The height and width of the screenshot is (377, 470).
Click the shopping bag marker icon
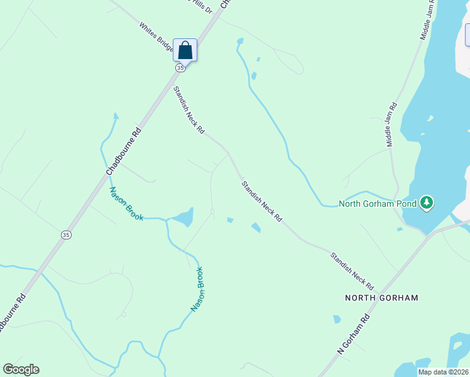(x=185, y=50)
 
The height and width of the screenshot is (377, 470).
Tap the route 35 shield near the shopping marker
(x=180, y=67)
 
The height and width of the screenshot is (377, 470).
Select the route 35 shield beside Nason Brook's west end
(x=66, y=234)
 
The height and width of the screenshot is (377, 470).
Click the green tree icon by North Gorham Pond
(x=427, y=202)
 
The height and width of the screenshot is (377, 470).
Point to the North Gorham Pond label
(x=379, y=203)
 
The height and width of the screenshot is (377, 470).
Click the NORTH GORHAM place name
(x=381, y=297)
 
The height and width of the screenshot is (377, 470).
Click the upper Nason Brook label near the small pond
(x=126, y=204)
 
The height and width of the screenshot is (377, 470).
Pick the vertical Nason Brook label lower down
(x=198, y=290)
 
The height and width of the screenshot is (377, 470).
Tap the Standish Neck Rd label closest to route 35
(x=189, y=110)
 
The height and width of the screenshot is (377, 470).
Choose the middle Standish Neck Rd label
(x=261, y=201)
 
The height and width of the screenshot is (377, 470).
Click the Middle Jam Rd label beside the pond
(x=391, y=124)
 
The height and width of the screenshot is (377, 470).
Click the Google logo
(x=21, y=369)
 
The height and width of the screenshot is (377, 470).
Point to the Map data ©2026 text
(x=442, y=372)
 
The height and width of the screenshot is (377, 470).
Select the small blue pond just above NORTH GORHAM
(x=337, y=319)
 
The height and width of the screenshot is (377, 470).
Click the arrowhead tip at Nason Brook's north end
(x=115, y=114)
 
